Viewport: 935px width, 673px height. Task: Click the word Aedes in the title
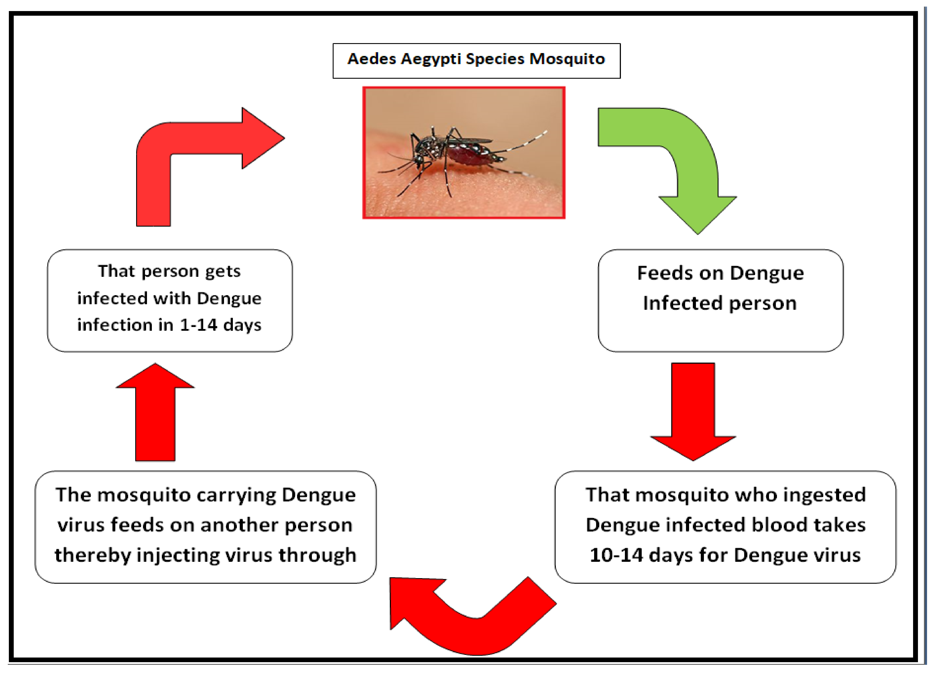[372, 59]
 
